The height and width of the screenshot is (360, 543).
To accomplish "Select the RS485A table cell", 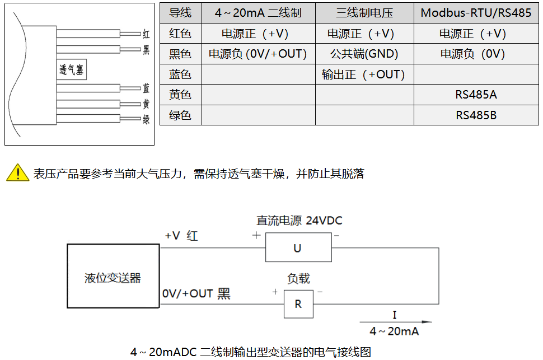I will coord(476,95).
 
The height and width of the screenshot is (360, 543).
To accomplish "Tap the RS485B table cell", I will coord(476,115).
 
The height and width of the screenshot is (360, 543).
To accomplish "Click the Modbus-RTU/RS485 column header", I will coord(476,13).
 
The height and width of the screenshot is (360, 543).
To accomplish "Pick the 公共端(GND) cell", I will coord(364,54).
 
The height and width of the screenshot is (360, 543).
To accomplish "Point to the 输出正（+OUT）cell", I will coord(364,74).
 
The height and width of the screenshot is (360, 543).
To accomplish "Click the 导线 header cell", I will coord(180,13).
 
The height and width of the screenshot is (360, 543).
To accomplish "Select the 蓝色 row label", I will coord(180,74).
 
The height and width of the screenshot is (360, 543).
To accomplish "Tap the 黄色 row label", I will coord(180,95).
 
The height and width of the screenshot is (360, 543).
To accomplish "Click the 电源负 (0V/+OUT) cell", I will coord(258,54).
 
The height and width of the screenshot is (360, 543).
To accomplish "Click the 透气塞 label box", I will coord(71,70).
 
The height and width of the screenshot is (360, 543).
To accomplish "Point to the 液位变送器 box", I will coord(113,278).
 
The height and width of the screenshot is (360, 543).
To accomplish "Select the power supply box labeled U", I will coord(297,248).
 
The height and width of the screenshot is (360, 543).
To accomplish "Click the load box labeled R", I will coord(298,304).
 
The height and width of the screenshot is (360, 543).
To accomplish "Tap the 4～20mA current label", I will coord(394,331).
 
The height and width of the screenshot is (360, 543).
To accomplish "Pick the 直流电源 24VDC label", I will coord(299,221).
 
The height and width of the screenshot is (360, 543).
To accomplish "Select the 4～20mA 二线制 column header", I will coord(258,13).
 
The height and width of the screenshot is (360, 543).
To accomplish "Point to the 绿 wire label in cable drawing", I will coord(146,119).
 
